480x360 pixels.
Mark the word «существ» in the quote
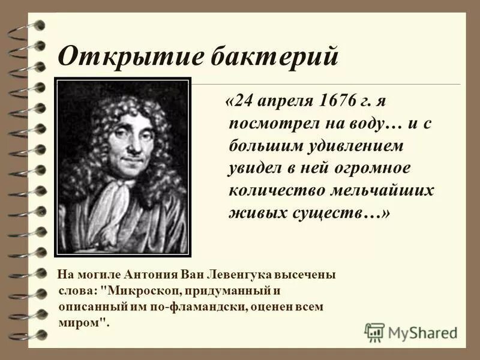[x=325, y=214]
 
